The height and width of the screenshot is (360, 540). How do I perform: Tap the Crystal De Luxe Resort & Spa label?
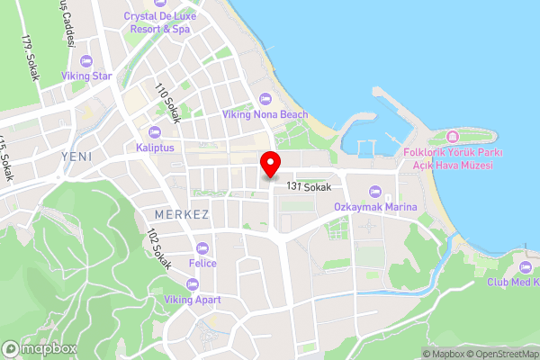[157, 22]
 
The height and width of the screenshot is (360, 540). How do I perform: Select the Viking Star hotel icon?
[86, 61]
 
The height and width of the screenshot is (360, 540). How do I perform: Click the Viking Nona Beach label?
[265, 114]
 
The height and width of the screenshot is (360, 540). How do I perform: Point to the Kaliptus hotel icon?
[155, 132]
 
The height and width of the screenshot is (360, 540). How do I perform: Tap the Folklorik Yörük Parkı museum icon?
[452, 137]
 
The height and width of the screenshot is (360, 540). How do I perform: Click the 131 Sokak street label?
[310, 186]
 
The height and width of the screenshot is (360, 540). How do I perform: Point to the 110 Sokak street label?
[168, 103]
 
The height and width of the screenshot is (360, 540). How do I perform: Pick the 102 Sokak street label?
[159, 248]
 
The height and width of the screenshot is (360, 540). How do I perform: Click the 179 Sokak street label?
[32, 59]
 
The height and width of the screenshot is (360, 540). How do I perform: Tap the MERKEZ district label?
[181, 215]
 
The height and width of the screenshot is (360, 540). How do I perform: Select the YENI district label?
[76, 156]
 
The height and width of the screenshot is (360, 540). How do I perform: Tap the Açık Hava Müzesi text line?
[452, 164]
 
